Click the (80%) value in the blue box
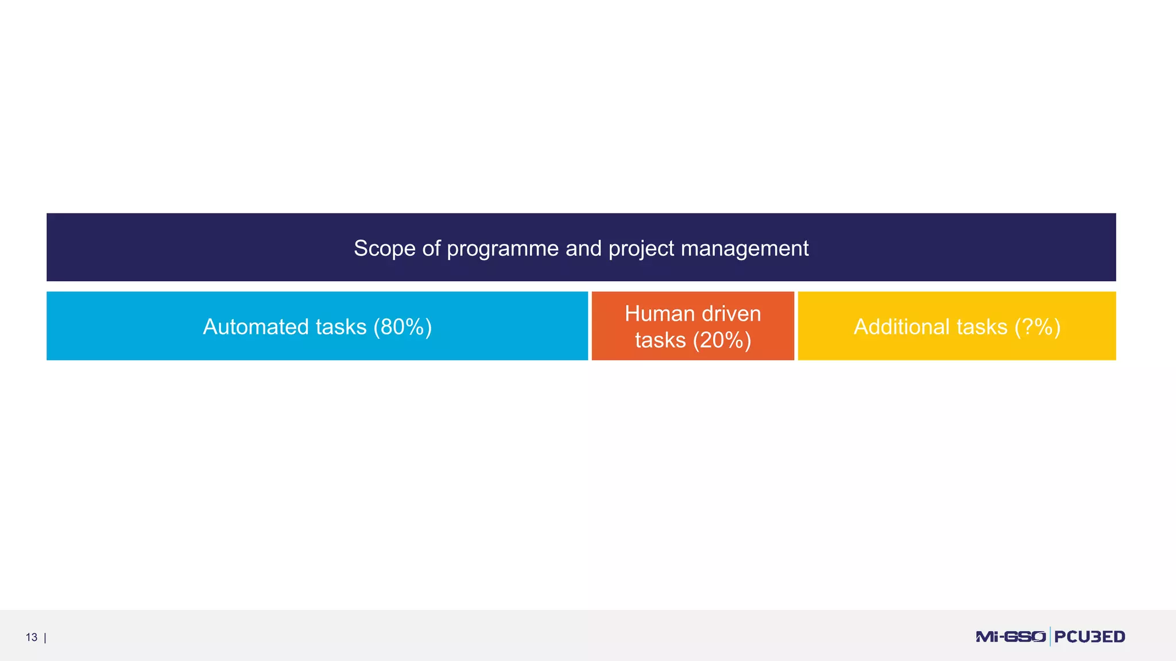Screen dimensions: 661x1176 coord(402,327)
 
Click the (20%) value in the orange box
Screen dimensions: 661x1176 coord(722,340)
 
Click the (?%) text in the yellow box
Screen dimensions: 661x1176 coord(1037,327)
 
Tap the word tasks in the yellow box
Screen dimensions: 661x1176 coord(981,327)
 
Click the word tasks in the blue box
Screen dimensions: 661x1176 coord(341,327)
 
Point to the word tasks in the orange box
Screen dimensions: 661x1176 coord(660,340)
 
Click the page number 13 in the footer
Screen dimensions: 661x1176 coord(32,637)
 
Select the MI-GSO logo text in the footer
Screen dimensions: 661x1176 coord(1010,637)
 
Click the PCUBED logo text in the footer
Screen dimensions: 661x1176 coord(1089,637)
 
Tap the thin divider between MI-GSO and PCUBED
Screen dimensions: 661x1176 coord(1050,637)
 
